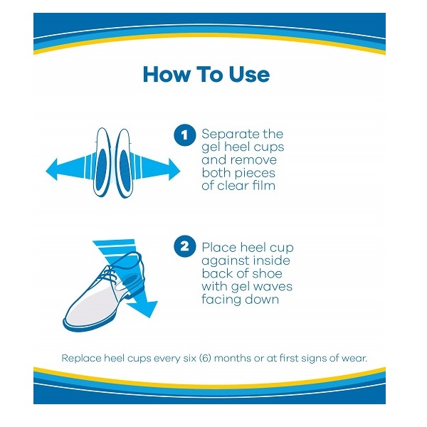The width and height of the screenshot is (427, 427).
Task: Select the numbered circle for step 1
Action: pyautogui.click(x=185, y=135)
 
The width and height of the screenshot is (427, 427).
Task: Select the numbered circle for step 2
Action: pyautogui.click(x=185, y=246)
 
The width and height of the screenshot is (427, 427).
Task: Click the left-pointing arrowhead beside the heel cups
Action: pyautogui.click(x=52, y=169)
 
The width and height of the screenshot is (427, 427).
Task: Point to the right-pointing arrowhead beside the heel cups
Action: pyautogui.click(x=174, y=169)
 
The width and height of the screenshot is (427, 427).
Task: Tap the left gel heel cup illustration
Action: pyautogui.click(x=102, y=162)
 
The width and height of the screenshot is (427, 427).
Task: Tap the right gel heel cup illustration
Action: pyautogui.click(x=124, y=164)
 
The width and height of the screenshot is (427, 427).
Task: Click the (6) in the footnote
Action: pyautogui.click(x=206, y=358)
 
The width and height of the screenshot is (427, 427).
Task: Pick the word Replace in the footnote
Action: pyautogui.click(x=81, y=359)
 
